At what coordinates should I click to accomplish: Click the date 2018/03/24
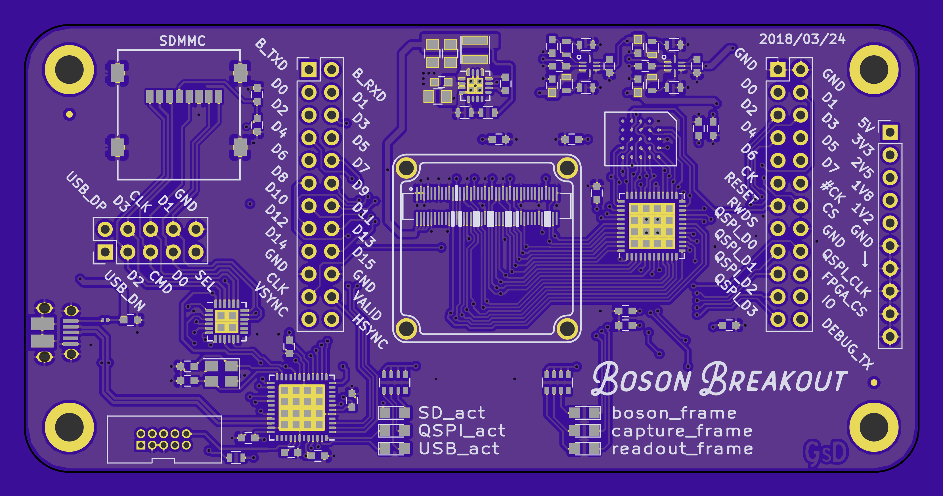pos(802,39)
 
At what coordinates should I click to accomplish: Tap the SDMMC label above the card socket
pos(182,41)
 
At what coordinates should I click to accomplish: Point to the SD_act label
pos(452,413)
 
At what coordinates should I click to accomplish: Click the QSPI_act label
pos(462,430)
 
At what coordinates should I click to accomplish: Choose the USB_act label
pos(459,448)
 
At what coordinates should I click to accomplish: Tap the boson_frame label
pos(674,413)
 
